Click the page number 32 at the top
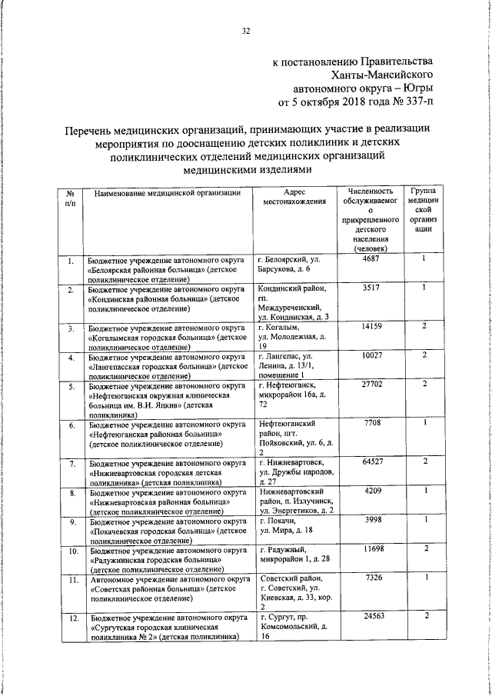coord(246,32)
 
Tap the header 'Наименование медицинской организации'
coord(168,192)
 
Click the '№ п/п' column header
coord(70,198)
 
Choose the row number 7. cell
coord(71,464)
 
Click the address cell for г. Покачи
coord(290,527)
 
